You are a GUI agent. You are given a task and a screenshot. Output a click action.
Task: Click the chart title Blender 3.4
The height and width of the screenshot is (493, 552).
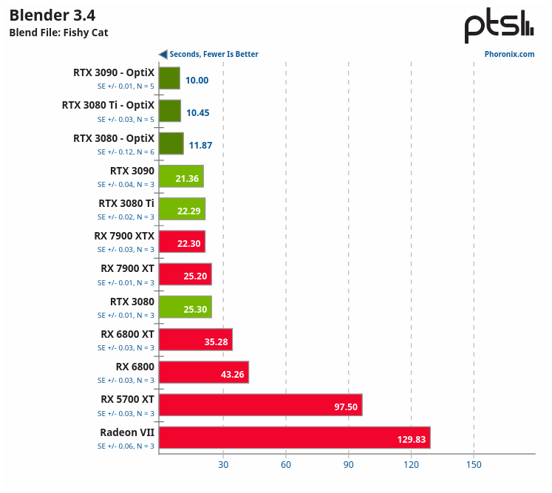[52, 16]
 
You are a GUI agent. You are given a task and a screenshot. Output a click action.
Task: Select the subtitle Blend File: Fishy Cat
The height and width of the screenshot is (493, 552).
[58, 33]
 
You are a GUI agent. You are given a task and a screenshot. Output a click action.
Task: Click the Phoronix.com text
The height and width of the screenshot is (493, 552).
[509, 54]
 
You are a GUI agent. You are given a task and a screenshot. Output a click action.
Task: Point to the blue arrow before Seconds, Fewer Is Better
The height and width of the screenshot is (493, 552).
[163, 54]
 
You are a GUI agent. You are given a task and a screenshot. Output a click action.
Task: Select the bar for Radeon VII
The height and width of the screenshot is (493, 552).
[294, 438]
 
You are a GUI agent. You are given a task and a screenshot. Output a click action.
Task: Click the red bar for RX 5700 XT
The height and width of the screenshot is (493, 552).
[260, 405]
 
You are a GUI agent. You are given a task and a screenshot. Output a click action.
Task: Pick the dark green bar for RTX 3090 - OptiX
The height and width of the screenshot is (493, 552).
[169, 78]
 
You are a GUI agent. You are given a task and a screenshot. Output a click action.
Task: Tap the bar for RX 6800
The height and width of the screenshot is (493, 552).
[203, 373]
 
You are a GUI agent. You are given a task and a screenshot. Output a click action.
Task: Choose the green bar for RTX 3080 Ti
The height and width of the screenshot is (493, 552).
[182, 209]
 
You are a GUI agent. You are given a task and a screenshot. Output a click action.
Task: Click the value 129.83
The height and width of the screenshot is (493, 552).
[411, 440]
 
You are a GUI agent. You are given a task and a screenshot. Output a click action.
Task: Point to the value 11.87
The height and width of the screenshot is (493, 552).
[200, 146]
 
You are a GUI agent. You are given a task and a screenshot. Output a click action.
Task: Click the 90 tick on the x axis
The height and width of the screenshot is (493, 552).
[349, 465]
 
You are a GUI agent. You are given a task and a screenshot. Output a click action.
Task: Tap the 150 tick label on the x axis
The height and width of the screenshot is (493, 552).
[474, 465]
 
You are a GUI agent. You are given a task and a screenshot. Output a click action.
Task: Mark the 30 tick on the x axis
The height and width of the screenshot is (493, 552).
[223, 465]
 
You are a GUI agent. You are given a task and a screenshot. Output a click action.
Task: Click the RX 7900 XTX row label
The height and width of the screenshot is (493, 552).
[124, 236]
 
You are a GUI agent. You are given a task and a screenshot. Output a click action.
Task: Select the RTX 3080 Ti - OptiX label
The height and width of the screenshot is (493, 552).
[108, 105]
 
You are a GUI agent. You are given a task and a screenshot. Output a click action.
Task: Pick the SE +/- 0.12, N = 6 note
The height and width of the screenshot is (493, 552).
[126, 152]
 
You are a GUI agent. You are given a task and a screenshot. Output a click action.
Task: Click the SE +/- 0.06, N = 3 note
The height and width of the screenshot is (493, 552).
[126, 446]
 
